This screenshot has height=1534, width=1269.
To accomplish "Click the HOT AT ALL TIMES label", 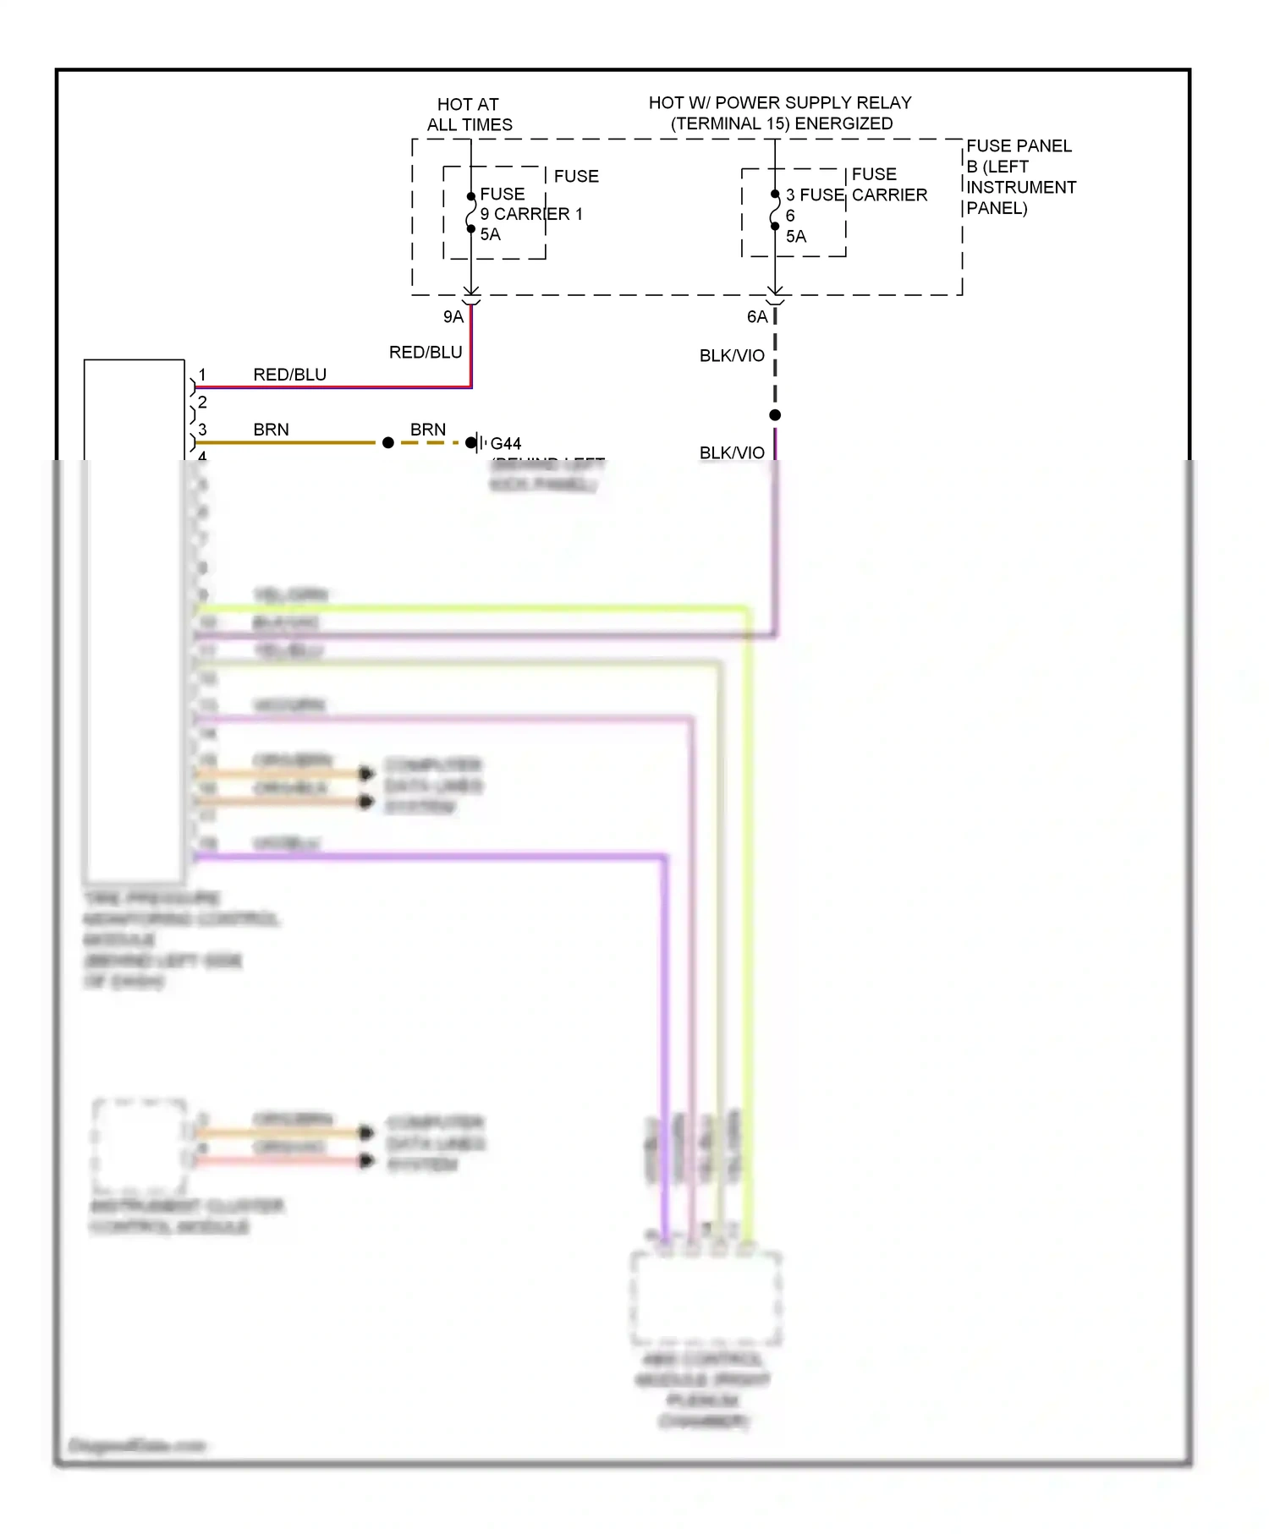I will (x=469, y=114).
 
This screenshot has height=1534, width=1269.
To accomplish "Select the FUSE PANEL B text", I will (x=1019, y=156).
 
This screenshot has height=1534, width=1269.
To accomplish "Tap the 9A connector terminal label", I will (x=453, y=317).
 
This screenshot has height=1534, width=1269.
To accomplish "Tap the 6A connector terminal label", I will (x=757, y=317).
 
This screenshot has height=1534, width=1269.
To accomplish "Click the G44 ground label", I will (x=506, y=444).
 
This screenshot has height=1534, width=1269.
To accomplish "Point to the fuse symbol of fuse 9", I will (x=471, y=213).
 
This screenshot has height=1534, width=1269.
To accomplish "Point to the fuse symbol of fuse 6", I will (x=775, y=211).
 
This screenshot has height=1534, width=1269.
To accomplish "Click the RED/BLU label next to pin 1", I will (x=289, y=375).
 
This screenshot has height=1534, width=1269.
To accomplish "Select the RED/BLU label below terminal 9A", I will (x=426, y=353).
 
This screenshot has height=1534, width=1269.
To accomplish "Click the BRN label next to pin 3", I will (x=271, y=430).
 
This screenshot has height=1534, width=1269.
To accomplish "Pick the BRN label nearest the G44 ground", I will (x=428, y=430).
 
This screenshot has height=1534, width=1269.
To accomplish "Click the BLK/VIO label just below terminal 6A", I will (x=732, y=356).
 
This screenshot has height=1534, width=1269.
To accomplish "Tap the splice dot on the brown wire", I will (x=388, y=442).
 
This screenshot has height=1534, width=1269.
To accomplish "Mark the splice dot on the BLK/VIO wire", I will (x=775, y=415).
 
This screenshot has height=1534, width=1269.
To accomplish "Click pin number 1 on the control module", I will (x=202, y=375).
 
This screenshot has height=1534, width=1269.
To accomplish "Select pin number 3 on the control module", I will (x=202, y=430).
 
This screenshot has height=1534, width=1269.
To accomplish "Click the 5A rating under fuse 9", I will (x=491, y=235).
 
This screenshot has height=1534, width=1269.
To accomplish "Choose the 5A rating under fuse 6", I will (x=796, y=237).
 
